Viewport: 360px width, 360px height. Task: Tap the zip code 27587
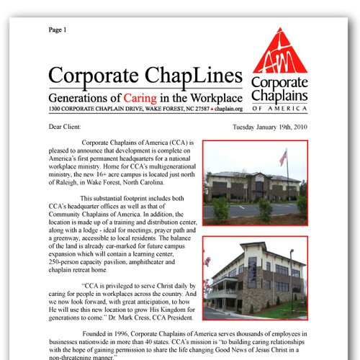(196, 109)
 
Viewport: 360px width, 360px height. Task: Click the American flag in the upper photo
(283, 157)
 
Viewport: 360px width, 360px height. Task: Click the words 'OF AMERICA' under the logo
(281, 108)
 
